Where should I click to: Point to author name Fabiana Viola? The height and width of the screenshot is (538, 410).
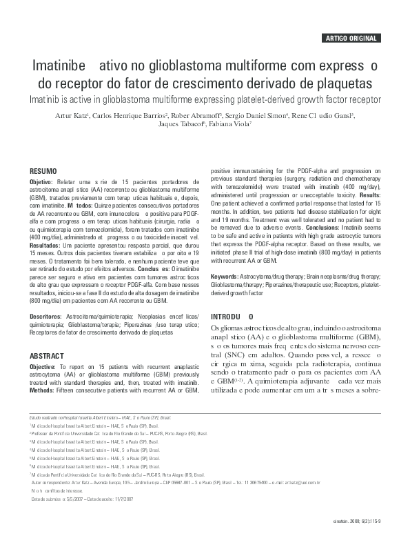[x=232, y=125]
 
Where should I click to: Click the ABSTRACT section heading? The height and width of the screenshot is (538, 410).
[x=47, y=355]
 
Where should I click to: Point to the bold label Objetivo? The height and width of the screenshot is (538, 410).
[x=43, y=181]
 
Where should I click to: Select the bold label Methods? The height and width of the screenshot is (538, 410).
[x=43, y=390]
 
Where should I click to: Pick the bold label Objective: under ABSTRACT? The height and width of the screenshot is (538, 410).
[x=44, y=366]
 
